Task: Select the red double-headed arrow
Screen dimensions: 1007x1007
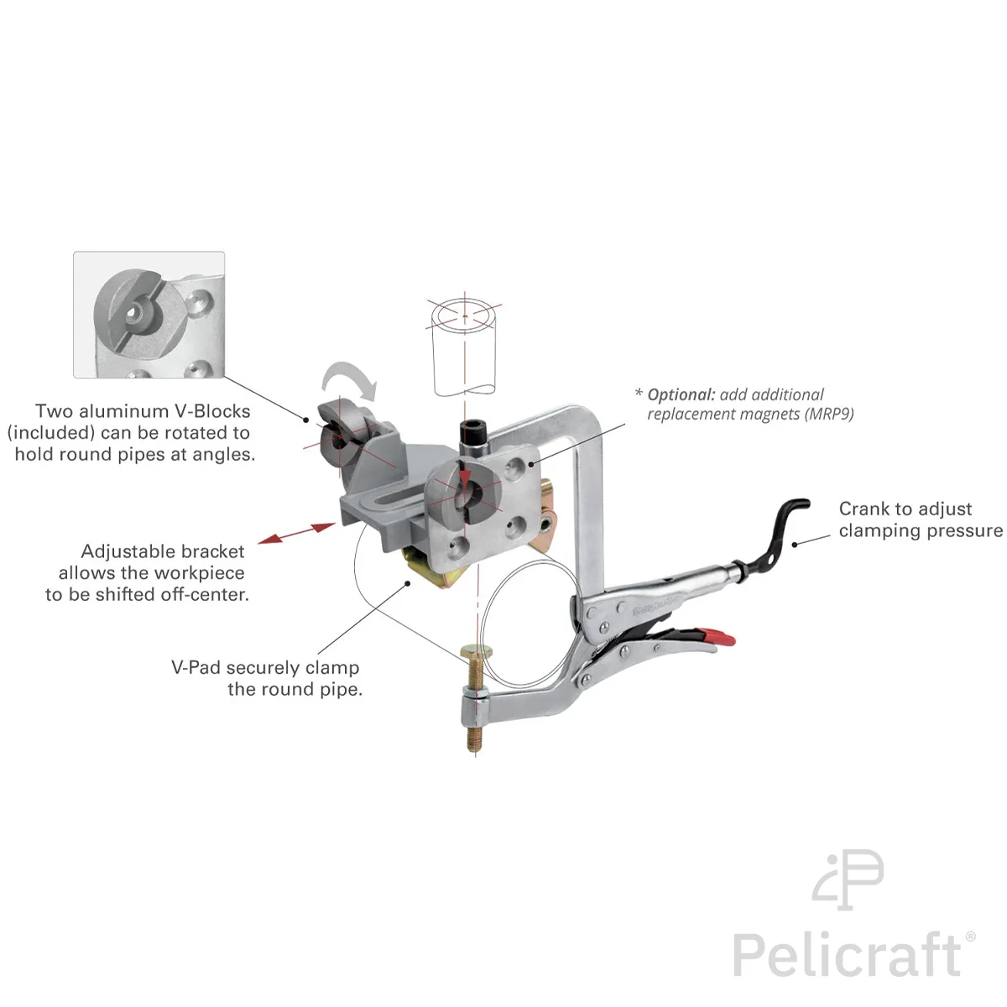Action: [x=297, y=533]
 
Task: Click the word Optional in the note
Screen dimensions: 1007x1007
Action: [x=681, y=395]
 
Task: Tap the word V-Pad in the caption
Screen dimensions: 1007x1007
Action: [x=196, y=667]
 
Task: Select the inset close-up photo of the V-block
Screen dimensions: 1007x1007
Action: [x=149, y=315]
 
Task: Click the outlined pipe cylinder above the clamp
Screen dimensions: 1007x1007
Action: [x=465, y=347]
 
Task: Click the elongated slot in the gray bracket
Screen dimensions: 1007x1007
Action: [x=386, y=501]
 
